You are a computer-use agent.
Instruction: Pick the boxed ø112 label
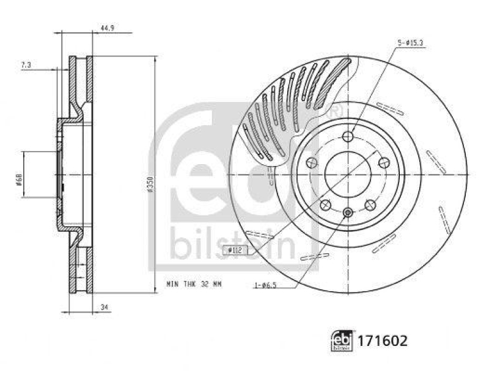235,250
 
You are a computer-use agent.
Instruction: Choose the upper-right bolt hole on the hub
384,162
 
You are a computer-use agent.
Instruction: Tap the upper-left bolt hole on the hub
311,162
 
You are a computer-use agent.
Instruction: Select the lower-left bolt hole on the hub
325,205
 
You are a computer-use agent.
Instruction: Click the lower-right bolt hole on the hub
370,205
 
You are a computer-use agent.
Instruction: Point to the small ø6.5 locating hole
348,212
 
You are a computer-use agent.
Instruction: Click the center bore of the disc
348,174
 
